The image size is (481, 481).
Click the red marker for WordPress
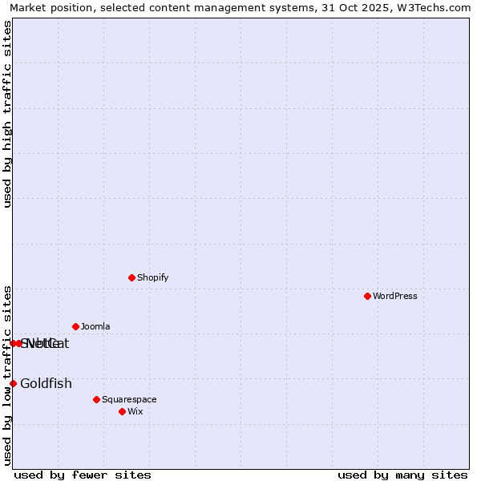click(367, 296)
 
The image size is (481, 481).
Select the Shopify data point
click(131, 277)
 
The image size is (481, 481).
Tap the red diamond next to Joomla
click(75, 326)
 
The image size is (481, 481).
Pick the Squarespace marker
click(96, 399)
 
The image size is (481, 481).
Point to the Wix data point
click(122, 411)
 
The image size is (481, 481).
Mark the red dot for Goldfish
click(13, 383)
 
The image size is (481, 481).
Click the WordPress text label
click(395, 296)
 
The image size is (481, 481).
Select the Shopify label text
click(152, 277)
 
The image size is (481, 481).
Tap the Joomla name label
click(95, 326)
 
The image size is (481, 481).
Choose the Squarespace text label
click(129, 399)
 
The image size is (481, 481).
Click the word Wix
click(135, 411)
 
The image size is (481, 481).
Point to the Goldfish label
click(46, 383)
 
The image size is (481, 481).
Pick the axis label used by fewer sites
click(83, 475)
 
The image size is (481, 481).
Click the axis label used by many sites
click(402, 475)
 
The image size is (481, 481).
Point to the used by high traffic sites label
click(7, 114)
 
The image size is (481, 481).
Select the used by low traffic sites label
click(7, 374)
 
